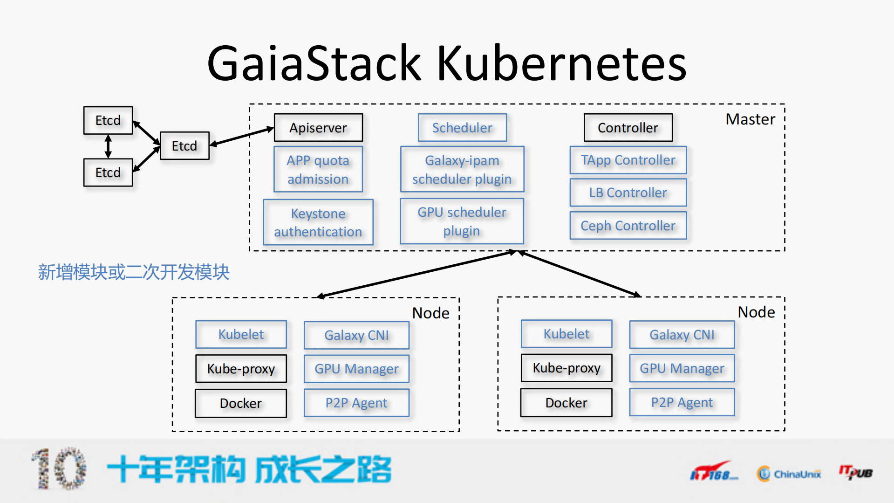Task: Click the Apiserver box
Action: [x=318, y=128]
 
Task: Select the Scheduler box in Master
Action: [x=462, y=128]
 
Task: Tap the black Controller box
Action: [x=628, y=128]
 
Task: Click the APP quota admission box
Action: [x=318, y=169]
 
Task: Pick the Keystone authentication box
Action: [x=318, y=222]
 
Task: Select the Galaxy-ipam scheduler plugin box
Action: [x=462, y=169]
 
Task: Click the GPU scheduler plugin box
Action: [x=462, y=221]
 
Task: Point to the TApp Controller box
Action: [x=628, y=160]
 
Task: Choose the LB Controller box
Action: [x=628, y=193]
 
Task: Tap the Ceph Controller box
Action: [x=628, y=226]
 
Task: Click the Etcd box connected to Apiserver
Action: [x=184, y=146]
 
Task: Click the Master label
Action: [x=750, y=119]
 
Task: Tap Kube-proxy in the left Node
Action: [x=241, y=369]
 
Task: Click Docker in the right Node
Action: [x=566, y=403]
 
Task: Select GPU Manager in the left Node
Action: [x=356, y=369]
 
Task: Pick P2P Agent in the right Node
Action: [x=682, y=402]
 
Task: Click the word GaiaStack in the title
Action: [x=314, y=63]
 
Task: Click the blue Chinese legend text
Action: [x=134, y=272]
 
